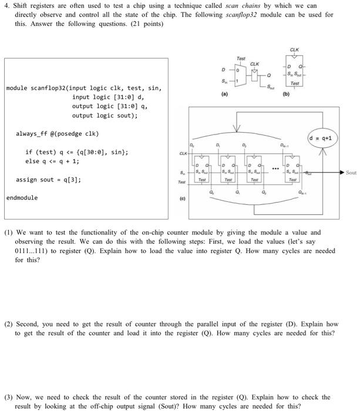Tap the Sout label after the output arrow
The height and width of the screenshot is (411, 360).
click(351, 173)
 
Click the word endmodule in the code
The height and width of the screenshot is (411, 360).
click(22, 198)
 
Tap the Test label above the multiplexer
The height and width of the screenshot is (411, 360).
click(240, 59)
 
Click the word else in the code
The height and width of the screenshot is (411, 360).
click(31, 161)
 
